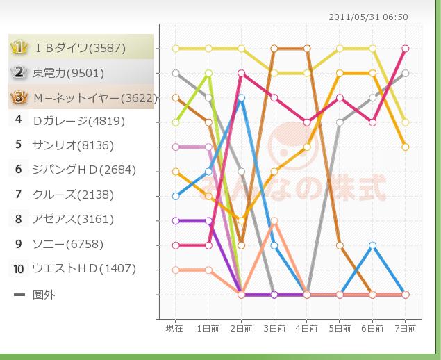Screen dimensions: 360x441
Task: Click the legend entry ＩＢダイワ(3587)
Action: [80, 48]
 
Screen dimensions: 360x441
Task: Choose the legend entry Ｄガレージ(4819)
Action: [78, 121]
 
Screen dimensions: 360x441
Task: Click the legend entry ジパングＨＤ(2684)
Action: [84, 170]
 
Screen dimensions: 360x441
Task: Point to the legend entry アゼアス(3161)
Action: [73, 220]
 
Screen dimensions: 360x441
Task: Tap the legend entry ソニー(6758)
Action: [68, 244]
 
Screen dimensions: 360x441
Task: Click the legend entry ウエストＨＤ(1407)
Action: [84, 268]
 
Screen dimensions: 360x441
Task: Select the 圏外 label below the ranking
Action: [44, 295]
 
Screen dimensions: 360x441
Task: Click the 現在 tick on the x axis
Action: [175, 328]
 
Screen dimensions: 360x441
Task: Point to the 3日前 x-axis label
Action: [274, 328]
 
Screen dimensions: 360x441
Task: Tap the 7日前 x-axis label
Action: [406, 328]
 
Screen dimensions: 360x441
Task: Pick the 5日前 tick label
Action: [340, 328]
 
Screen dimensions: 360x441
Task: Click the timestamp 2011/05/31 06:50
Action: [369, 17]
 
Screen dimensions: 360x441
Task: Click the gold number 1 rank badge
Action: [19, 48]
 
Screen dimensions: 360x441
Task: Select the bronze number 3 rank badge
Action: [19, 98]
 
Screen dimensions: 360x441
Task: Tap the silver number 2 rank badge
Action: [19, 72]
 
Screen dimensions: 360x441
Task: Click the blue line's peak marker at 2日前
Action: [241, 98]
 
